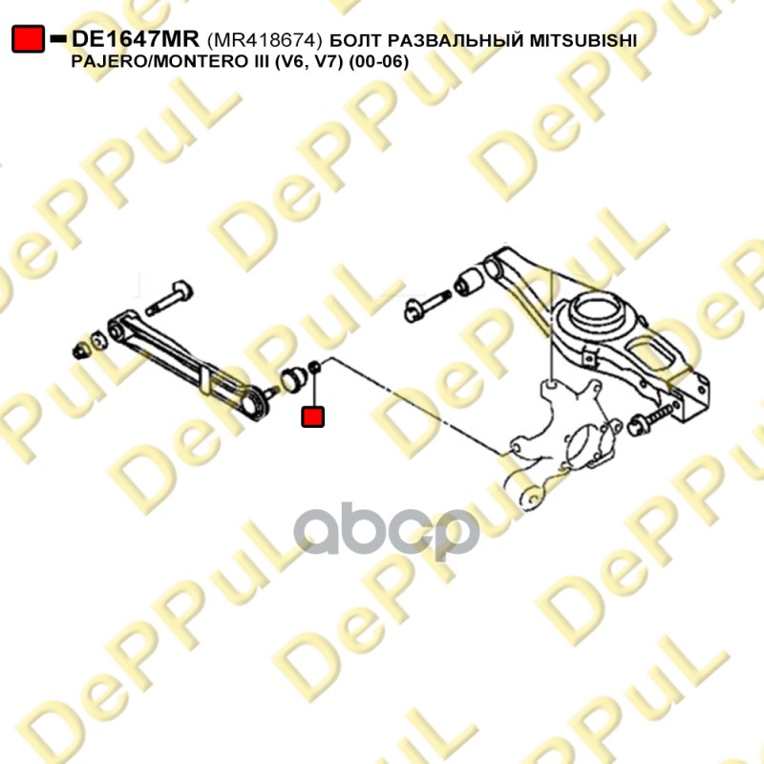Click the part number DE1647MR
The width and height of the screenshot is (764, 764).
pyautogui.click(x=135, y=39)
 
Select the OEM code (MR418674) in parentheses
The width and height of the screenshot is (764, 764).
pyautogui.click(x=265, y=40)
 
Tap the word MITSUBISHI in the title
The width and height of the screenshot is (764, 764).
pyautogui.click(x=584, y=41)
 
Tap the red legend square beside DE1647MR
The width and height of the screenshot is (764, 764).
pyautogui.click(x=29, y=39)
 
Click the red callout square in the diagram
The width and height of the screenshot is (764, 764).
pyautogui.click(x=313, y=416)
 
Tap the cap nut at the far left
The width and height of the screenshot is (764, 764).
pyautogui.click(x=80, y=350)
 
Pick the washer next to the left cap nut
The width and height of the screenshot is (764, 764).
pyautogui.click(x=98, y=340)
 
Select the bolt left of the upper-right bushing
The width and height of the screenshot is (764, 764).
pyautogui.click(x=426, y=307)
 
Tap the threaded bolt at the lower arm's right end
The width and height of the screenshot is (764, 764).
pyautogui.click(x=653, y=420)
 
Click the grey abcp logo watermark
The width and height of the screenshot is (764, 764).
pyautogui.click(x=387, y=531)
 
